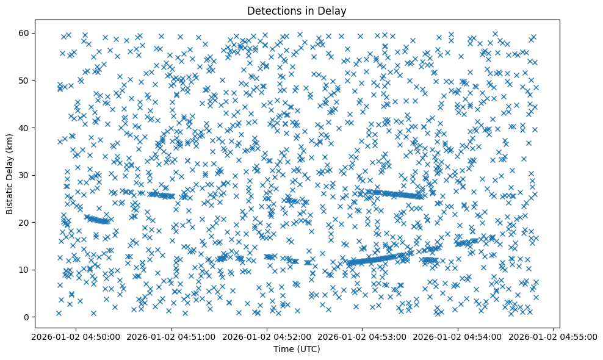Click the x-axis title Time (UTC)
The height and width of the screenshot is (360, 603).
[x=296, y=350]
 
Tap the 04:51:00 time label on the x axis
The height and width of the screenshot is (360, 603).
[x=172, y=336]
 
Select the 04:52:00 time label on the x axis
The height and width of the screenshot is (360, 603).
[x=267, y=336]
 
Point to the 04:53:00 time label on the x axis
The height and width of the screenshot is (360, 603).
[x=363, y=336]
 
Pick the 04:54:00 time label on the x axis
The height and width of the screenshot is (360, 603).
[x=458, y=336]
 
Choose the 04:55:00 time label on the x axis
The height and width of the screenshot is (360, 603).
[x=554, y=336]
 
